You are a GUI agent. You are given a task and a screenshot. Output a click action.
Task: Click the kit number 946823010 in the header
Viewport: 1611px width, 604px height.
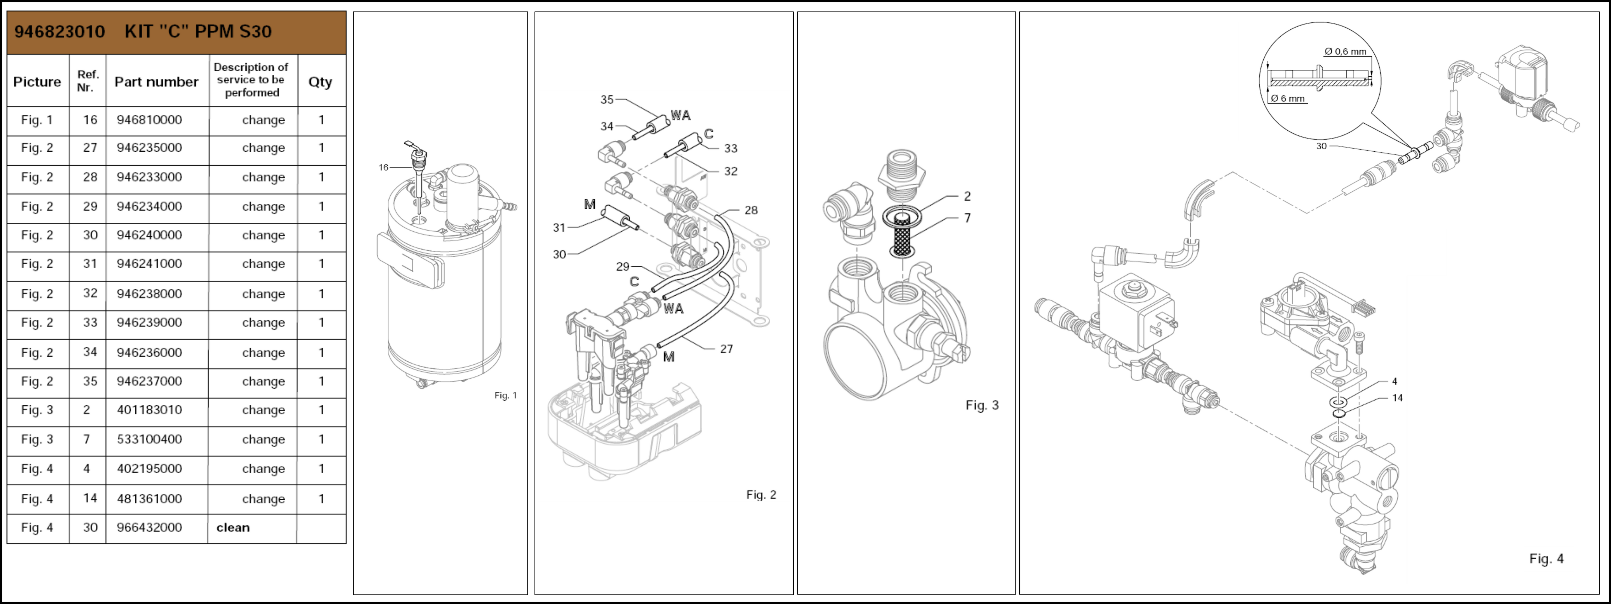click(59, 31)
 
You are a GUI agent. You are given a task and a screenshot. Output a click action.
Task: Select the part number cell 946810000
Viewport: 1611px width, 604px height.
click(149, 120)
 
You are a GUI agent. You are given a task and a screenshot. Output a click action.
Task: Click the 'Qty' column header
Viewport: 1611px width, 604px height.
click(320, 82)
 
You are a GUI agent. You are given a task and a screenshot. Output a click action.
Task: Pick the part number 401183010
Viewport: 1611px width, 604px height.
click(149, 410)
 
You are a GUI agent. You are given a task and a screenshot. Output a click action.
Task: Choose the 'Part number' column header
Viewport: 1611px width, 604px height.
click(156, 82)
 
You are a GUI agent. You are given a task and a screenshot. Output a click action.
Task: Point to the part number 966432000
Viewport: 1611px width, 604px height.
click(149, 528)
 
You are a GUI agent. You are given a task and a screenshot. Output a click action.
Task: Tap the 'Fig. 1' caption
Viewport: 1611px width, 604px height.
click(505, 395)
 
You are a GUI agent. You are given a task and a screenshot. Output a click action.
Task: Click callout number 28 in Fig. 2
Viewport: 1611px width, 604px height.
click(751, 210)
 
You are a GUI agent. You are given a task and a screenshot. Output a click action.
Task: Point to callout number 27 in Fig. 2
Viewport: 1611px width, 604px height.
click(726, 349)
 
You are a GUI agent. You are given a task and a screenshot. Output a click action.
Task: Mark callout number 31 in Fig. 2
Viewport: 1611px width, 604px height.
click(559, 228)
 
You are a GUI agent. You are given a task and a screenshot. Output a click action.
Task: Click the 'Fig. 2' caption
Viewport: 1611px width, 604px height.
click(761, 495)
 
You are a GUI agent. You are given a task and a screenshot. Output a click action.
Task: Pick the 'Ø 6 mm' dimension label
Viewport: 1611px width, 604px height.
click(1288, 98)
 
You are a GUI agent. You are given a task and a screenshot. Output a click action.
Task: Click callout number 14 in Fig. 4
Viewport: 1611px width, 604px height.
click(1397, 398)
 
